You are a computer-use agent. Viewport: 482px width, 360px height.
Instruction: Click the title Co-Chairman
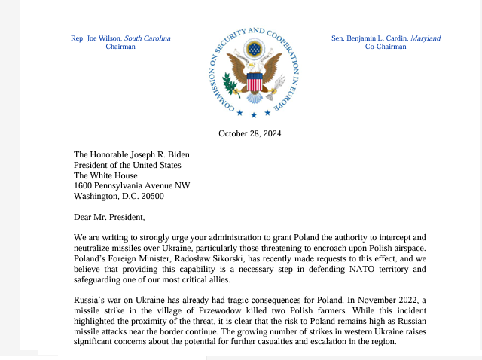[x=386, y=47]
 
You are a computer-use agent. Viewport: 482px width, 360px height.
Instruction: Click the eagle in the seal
[x=254, y=72]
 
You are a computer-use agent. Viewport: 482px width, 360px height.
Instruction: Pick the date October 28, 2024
[x=249, y=134]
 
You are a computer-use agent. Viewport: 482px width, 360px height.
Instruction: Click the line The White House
[x=106, y=175]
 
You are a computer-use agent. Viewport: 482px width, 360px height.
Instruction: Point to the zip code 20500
[x=150, y=197]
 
